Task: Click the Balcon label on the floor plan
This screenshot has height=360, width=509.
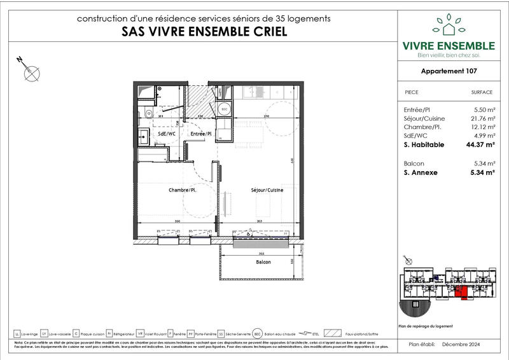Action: (263, 262)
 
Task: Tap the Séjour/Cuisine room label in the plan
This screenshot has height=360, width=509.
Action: (266, 190)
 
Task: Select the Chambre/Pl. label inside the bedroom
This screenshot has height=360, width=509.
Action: (181, 190)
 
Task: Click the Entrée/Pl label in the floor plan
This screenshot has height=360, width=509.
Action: (200, 135)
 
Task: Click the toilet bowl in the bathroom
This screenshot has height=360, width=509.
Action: (147, 115)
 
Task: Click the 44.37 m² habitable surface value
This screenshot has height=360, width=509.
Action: (481, 145)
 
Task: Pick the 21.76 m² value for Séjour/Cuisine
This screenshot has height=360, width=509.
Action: (482, 119)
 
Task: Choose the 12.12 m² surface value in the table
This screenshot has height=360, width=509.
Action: (482, 128)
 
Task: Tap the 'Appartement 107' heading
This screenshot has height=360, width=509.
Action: (449, 72)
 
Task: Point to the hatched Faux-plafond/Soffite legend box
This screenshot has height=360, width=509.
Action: (332, 333)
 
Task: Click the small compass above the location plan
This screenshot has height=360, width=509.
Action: (408, 261)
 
